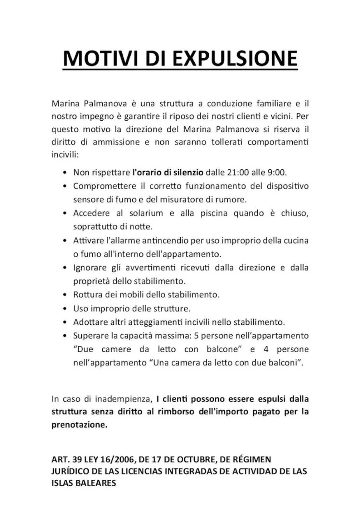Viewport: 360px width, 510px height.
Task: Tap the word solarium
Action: (145, 213)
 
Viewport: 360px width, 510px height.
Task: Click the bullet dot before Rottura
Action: (65, 295)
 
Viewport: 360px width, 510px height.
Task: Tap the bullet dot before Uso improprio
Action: (65, 309)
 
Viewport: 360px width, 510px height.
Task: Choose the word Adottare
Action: (90, 322)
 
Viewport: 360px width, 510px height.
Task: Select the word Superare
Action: (89, 335)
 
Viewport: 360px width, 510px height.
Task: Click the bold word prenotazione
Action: (79, 425)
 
